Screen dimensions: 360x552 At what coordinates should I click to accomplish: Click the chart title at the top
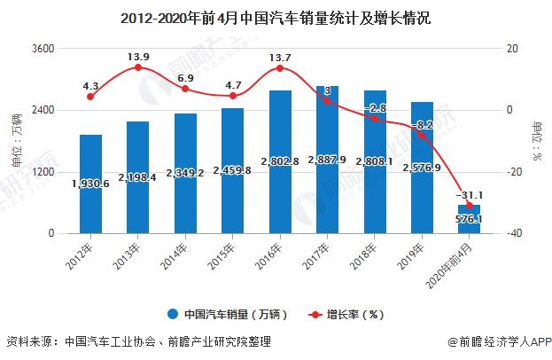(276, 17)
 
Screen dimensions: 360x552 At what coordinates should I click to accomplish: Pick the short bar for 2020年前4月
(470, 219)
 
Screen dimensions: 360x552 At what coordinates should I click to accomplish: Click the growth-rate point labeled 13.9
(137, 67)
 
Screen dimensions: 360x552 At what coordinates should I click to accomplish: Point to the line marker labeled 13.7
(280, 68)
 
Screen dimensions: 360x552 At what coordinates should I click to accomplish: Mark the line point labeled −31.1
(470, 206)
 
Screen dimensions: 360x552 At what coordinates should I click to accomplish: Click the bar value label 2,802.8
(280, 161)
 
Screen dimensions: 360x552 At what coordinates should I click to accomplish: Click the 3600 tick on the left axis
(43, 49)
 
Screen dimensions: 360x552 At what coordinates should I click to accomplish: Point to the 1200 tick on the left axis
(43, 172)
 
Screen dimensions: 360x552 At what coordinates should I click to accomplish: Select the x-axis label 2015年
(228, 254)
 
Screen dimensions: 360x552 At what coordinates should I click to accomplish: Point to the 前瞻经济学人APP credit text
(502, 341)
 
